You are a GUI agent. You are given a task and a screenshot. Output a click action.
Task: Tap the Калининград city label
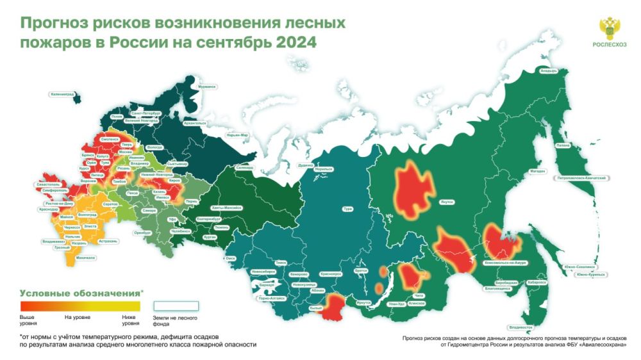pyautogui.click(x=62, y=95)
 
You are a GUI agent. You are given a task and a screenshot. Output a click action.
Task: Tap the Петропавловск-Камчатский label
pyautogui.click(x=581, y=176)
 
